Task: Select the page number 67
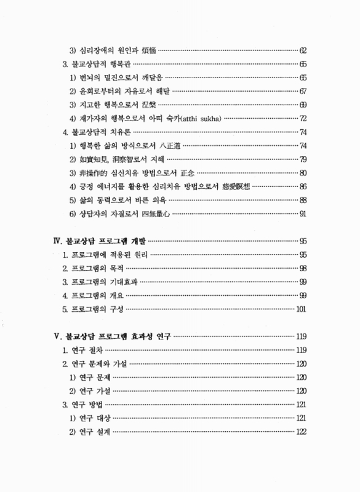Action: pyautogui.click(x=303, y=90)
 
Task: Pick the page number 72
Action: pyautogui.click(x=303, y=117)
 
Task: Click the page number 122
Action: pyautogui.click(x=301, y=432)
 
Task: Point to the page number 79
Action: pyautogui.click(x=303, y=159)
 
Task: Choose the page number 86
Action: pyautogui.click(x=303, y=186)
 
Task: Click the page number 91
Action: pyautogui.click(x=303, y=214)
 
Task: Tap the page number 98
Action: pyautogui.click(x=303, y=268)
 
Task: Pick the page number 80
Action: pyautogui.click(x=303, y=173)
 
